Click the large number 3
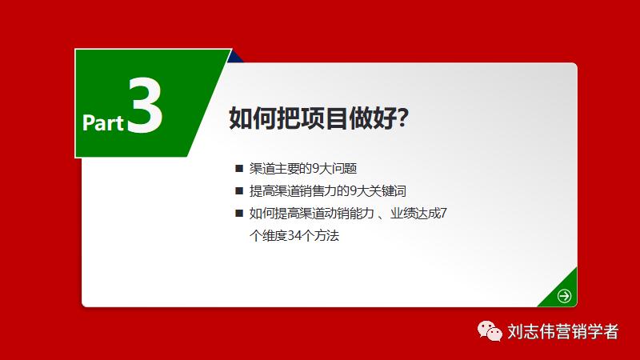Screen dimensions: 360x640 (x=145, y=104)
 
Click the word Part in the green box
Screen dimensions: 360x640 (x=103, y=122)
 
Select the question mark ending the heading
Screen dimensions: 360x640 (x=403, y=118)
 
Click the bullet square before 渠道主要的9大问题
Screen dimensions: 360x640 (x=238, y=169)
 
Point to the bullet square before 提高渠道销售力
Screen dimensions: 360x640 (x=238, y=191)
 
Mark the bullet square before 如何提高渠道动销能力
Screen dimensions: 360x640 (x=238, y=214)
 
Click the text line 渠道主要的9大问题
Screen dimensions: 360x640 (x=302, y=169)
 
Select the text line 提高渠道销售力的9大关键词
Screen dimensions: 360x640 (x=327, y=191)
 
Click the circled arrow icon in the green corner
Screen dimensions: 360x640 (x=565, y=295)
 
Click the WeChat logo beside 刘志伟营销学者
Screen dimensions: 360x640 (x=490, y=331)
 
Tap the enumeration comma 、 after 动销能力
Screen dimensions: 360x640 (x=372, y=216)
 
